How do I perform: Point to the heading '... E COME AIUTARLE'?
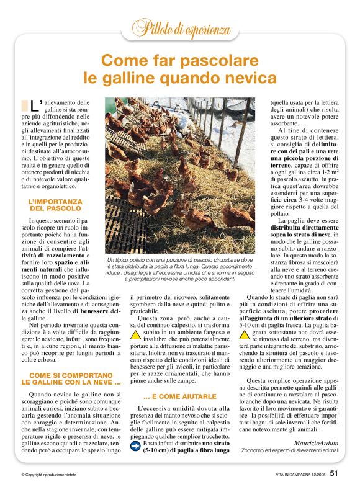coord(180,396)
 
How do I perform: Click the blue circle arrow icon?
coord(135,444)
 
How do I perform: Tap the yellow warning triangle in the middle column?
coord(135,334)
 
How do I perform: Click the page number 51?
coord(334,473)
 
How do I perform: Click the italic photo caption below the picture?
coord(180,270)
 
